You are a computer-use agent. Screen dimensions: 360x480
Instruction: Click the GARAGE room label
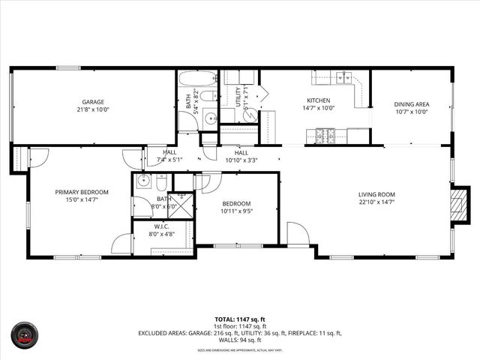pyautogui.click(x=93, y=101)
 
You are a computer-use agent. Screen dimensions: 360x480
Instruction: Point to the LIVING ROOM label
pyautogui.click(x=376, y=194)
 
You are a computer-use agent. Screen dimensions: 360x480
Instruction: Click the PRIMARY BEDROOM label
pyautogui.click(x=82, y=192)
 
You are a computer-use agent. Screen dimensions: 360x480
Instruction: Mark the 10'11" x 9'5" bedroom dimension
pyautogui.click(x=235, y=211)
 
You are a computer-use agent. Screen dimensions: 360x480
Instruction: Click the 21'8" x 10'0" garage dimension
pyautogui.click(x=93, y=109)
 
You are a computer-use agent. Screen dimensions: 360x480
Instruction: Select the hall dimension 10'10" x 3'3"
pyautogui.click(x=241, y=160)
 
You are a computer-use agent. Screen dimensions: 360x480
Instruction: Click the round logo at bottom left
pyautogui.click(x=23, y=335)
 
